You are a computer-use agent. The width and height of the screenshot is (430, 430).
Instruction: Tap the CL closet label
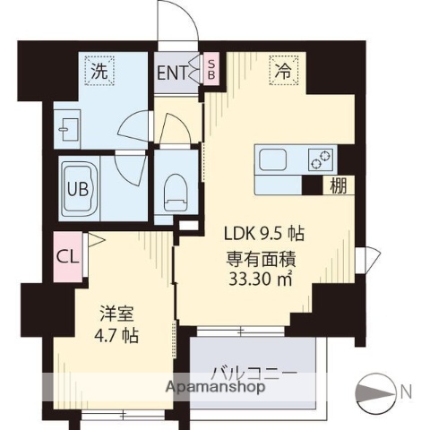(67, 258)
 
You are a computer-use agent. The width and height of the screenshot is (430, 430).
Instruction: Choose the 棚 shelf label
(337, 185)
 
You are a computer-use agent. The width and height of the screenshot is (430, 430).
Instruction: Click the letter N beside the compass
(408, 391)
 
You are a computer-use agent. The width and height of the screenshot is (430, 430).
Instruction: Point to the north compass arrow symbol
(376, 391)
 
